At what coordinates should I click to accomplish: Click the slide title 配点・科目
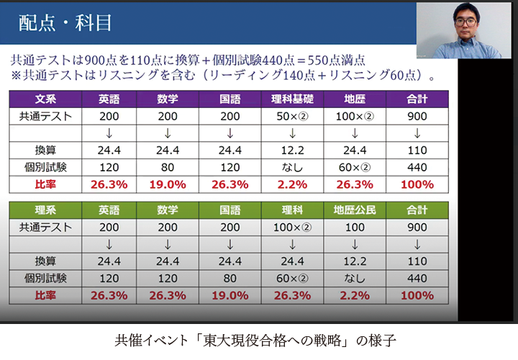[x=65, y=23]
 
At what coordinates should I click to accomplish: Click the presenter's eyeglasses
[x=465, y=22]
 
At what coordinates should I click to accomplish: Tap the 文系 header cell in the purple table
[x=45, y=99]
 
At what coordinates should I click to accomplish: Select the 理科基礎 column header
[x=292, y=99]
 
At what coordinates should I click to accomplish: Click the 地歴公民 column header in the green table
[x=355, y=210]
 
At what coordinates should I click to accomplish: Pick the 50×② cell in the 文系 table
[x=292, y=117]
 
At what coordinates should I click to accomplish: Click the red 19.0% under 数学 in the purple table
[x=168, y=184]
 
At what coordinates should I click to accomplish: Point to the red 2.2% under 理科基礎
[x=292, y=184]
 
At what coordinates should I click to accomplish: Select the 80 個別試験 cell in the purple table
[x=168, y=167]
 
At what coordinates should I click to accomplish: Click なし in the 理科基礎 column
[x=292, y=167]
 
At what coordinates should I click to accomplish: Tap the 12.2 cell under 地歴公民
[x=355, y=261]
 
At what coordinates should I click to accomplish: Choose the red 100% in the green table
[x=417, y=295]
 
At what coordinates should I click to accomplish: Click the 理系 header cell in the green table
[x=45, y=210]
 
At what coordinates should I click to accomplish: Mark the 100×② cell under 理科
[x=292, y=228]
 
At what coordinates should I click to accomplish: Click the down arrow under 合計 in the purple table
[x=417, y=133]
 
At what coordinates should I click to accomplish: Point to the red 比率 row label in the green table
[x=45, y=295]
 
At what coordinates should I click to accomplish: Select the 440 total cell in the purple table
[x=417, y=167]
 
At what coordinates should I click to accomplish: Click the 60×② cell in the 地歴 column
[x=355, y=167]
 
